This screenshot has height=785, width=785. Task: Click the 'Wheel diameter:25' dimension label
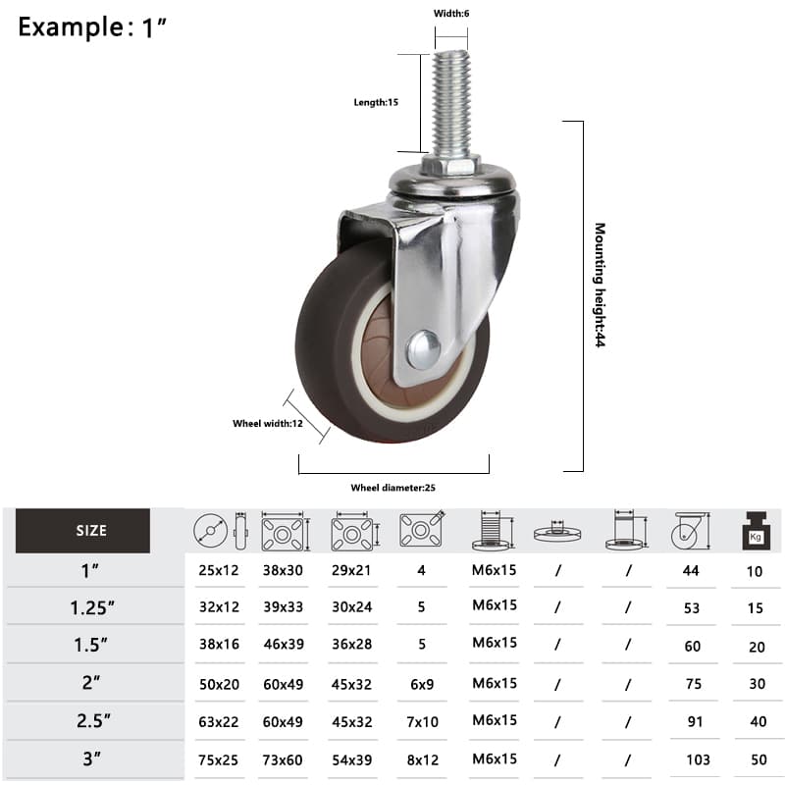point(393,488)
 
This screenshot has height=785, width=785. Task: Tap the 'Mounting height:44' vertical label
point(600,285)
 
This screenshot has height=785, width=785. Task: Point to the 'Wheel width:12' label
point(268,424)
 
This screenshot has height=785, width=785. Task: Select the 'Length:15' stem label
point(376,102)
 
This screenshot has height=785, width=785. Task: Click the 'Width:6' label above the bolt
point(451,14)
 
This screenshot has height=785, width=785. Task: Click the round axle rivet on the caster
point(424,349)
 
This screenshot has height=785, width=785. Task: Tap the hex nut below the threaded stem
point(450,164)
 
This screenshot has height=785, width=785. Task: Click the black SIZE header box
point(82,531)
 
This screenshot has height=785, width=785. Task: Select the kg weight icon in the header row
point(756,530)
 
